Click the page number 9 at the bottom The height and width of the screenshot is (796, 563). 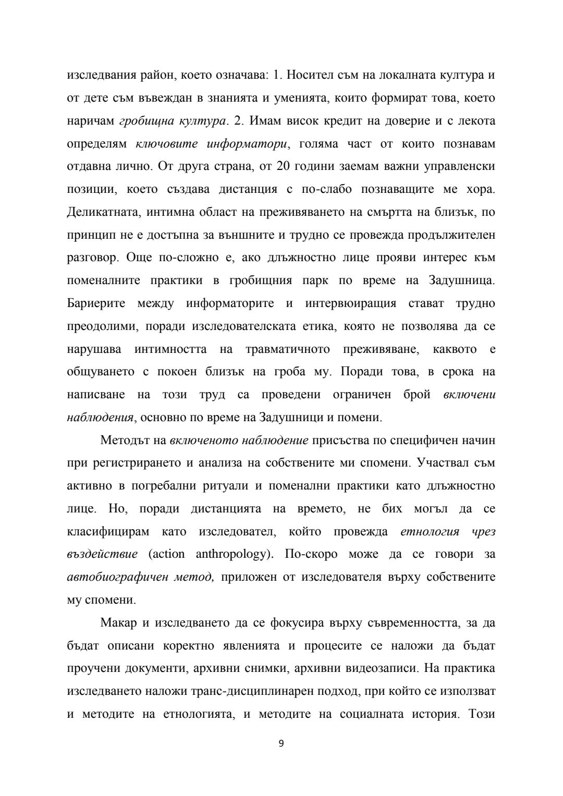pyautogui.click(x=281, y=743)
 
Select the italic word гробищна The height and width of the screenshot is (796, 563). pyautogui.click(x=141, y=121)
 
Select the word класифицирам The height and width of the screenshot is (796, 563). pyautogui.click(x=108, y=532)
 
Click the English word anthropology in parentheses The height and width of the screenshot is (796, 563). pyautogui.click(x=234, y=554)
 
